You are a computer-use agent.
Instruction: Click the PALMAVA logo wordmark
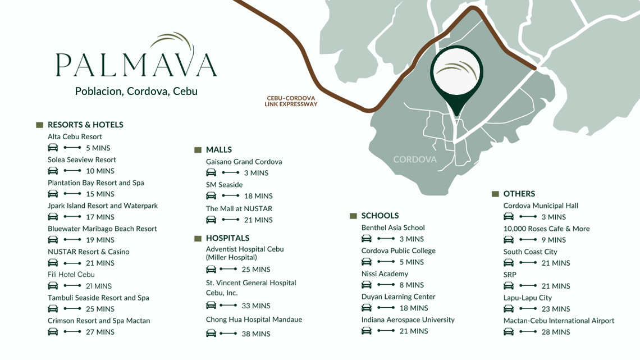tap(136, 63)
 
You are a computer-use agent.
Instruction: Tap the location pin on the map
tap(456, 76)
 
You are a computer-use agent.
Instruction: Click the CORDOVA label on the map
tap(415, 160)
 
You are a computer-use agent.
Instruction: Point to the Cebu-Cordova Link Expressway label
tap(291, 101)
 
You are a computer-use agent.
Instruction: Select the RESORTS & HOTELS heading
tap(85, 125)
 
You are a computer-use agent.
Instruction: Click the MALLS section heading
tap(218, 150)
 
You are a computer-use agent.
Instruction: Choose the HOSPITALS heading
tap(227, 238)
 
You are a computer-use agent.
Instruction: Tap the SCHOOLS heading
tap(380, 216)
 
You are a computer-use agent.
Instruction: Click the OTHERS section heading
tap(519, 194)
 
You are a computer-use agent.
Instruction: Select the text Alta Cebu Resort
tap(75, 136)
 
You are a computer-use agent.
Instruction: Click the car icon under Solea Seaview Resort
tap(53, 171)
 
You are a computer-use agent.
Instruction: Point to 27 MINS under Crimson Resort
tap(100, 332)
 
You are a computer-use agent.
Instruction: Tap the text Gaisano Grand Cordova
tap(244, 162)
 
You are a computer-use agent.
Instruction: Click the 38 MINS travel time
tap(256, 334)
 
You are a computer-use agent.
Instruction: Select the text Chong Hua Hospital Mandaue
tap(254, 320)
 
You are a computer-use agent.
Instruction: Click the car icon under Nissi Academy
tap(367, 285)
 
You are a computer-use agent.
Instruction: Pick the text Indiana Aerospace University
tap(408, 320)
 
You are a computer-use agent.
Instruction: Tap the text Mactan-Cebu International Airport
tap(559, 321)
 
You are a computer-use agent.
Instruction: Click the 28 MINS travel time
tap(556, 332)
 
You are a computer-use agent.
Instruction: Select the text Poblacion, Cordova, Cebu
tap(136, 91)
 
